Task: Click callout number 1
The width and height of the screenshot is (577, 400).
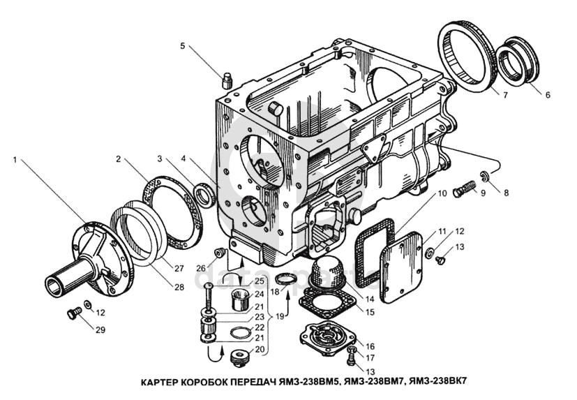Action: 15,159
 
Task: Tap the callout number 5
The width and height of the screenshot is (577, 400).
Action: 183,46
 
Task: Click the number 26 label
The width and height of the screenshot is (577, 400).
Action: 200,268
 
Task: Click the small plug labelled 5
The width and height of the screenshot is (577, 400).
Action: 227,80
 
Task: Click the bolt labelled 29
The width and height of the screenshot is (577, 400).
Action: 73,313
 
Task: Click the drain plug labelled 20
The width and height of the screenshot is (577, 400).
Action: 241,359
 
